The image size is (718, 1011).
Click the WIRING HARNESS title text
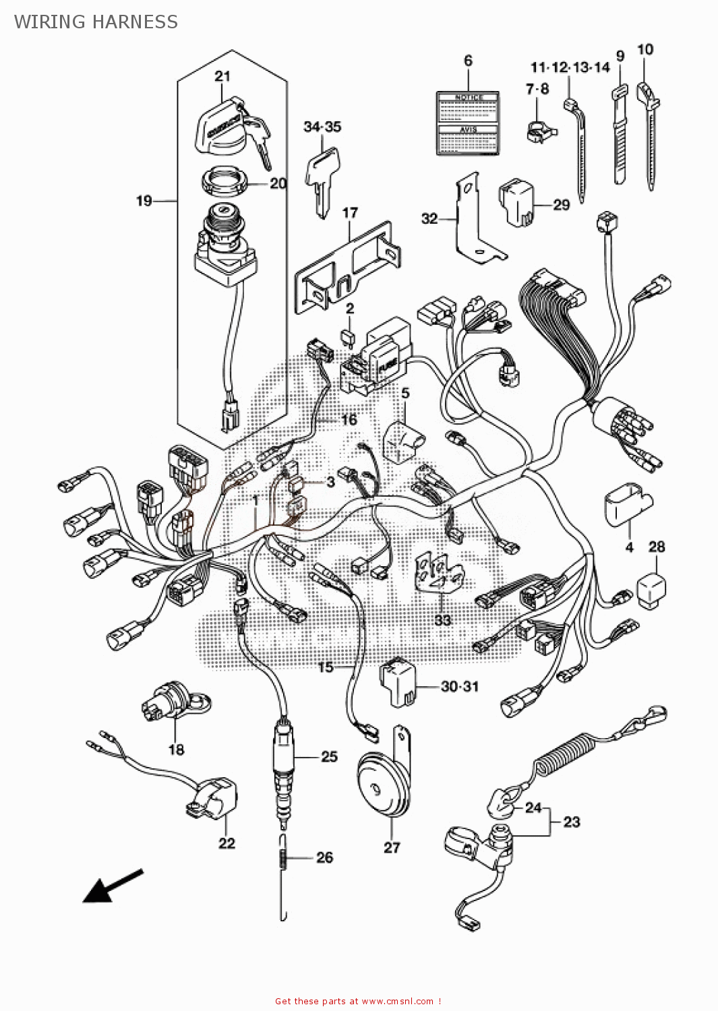pyautogui.click(x=96, y=22)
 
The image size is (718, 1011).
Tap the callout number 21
pyautogui.click(x=222, y=76)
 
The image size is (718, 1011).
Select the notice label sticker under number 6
pyautogui.click(x=468, y=123)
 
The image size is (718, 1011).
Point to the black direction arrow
pyautogui.click(x=111, y=886)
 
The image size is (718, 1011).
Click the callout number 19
pyautogui.click(x=144, y=201)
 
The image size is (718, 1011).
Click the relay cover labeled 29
pyautogui.click(x=516, y=200)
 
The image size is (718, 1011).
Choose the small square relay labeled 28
pyautogui.click(x=651, y=590)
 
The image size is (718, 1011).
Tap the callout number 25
pyautogui.click(x=329, y=756)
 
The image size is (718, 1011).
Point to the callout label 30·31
pyautogui.click(x=460, y=686)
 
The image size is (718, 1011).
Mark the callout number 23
pyautogui.click(x=572, y=822)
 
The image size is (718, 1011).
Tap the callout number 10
pyautogui.click(x=645, y=49)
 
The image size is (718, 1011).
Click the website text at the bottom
pyautogui.click(x=358, y=1001)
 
